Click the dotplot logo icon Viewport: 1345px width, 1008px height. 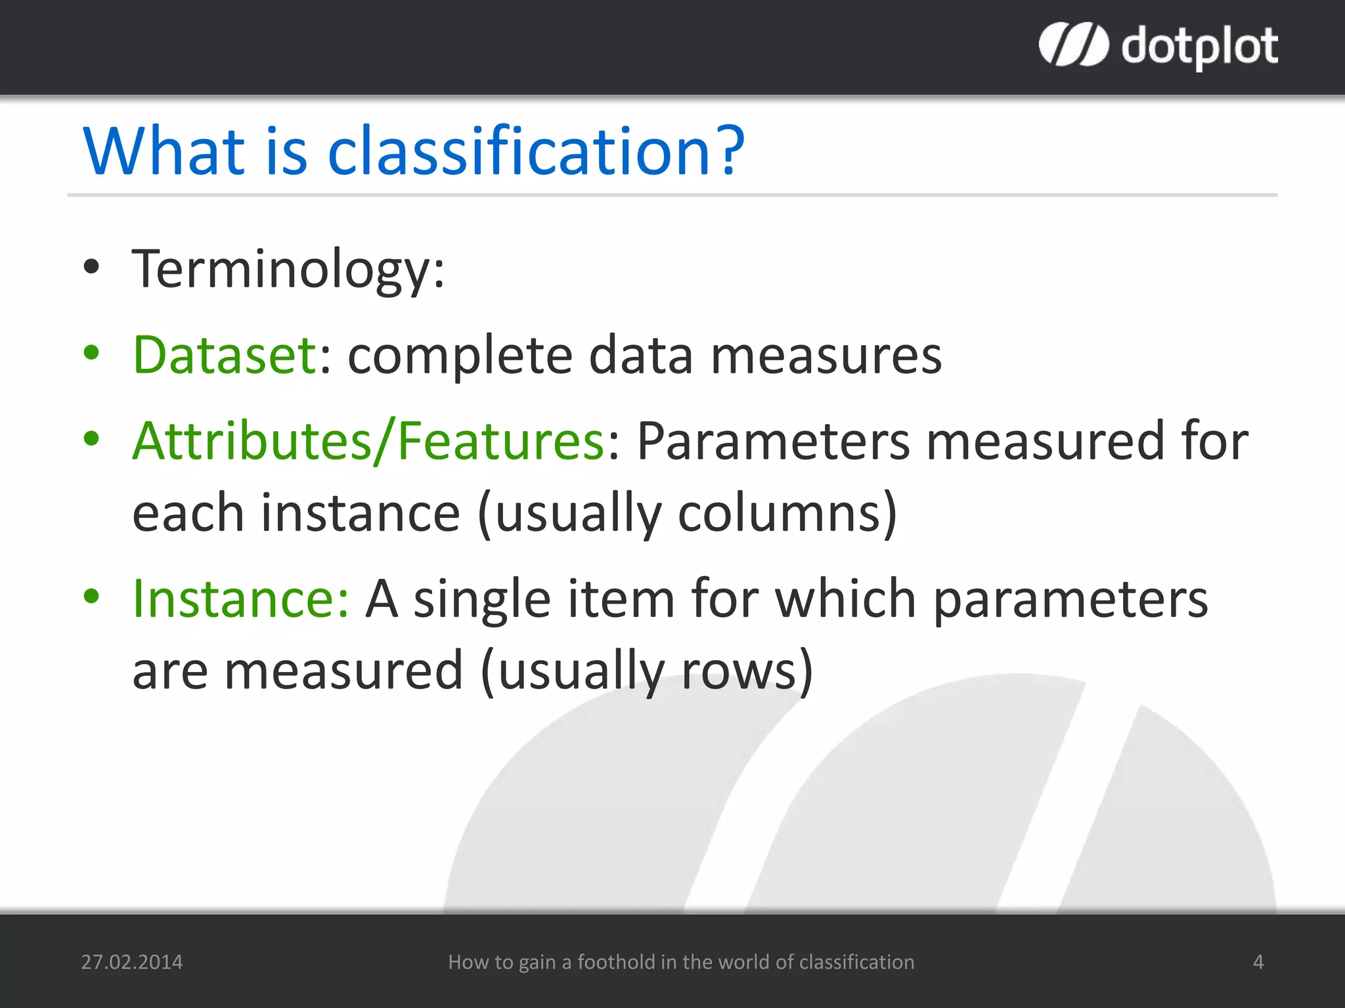(1074, 45)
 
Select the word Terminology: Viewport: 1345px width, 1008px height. (288, 269)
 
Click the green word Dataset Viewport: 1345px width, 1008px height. (225, 355)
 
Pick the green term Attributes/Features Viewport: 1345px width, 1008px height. (368, 440)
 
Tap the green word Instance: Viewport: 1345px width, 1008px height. (240, 598)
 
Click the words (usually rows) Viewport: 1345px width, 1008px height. (647, 671)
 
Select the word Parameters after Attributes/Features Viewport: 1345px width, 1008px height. (773, 440)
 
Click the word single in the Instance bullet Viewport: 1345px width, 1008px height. (481, 600)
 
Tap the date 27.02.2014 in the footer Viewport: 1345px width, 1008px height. (131, 962)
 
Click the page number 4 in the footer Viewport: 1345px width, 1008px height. (1258, 962)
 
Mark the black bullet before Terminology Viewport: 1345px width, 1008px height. (91, 267)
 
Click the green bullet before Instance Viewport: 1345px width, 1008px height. (91, 596)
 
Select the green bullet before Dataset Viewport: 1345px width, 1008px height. (91, 352)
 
